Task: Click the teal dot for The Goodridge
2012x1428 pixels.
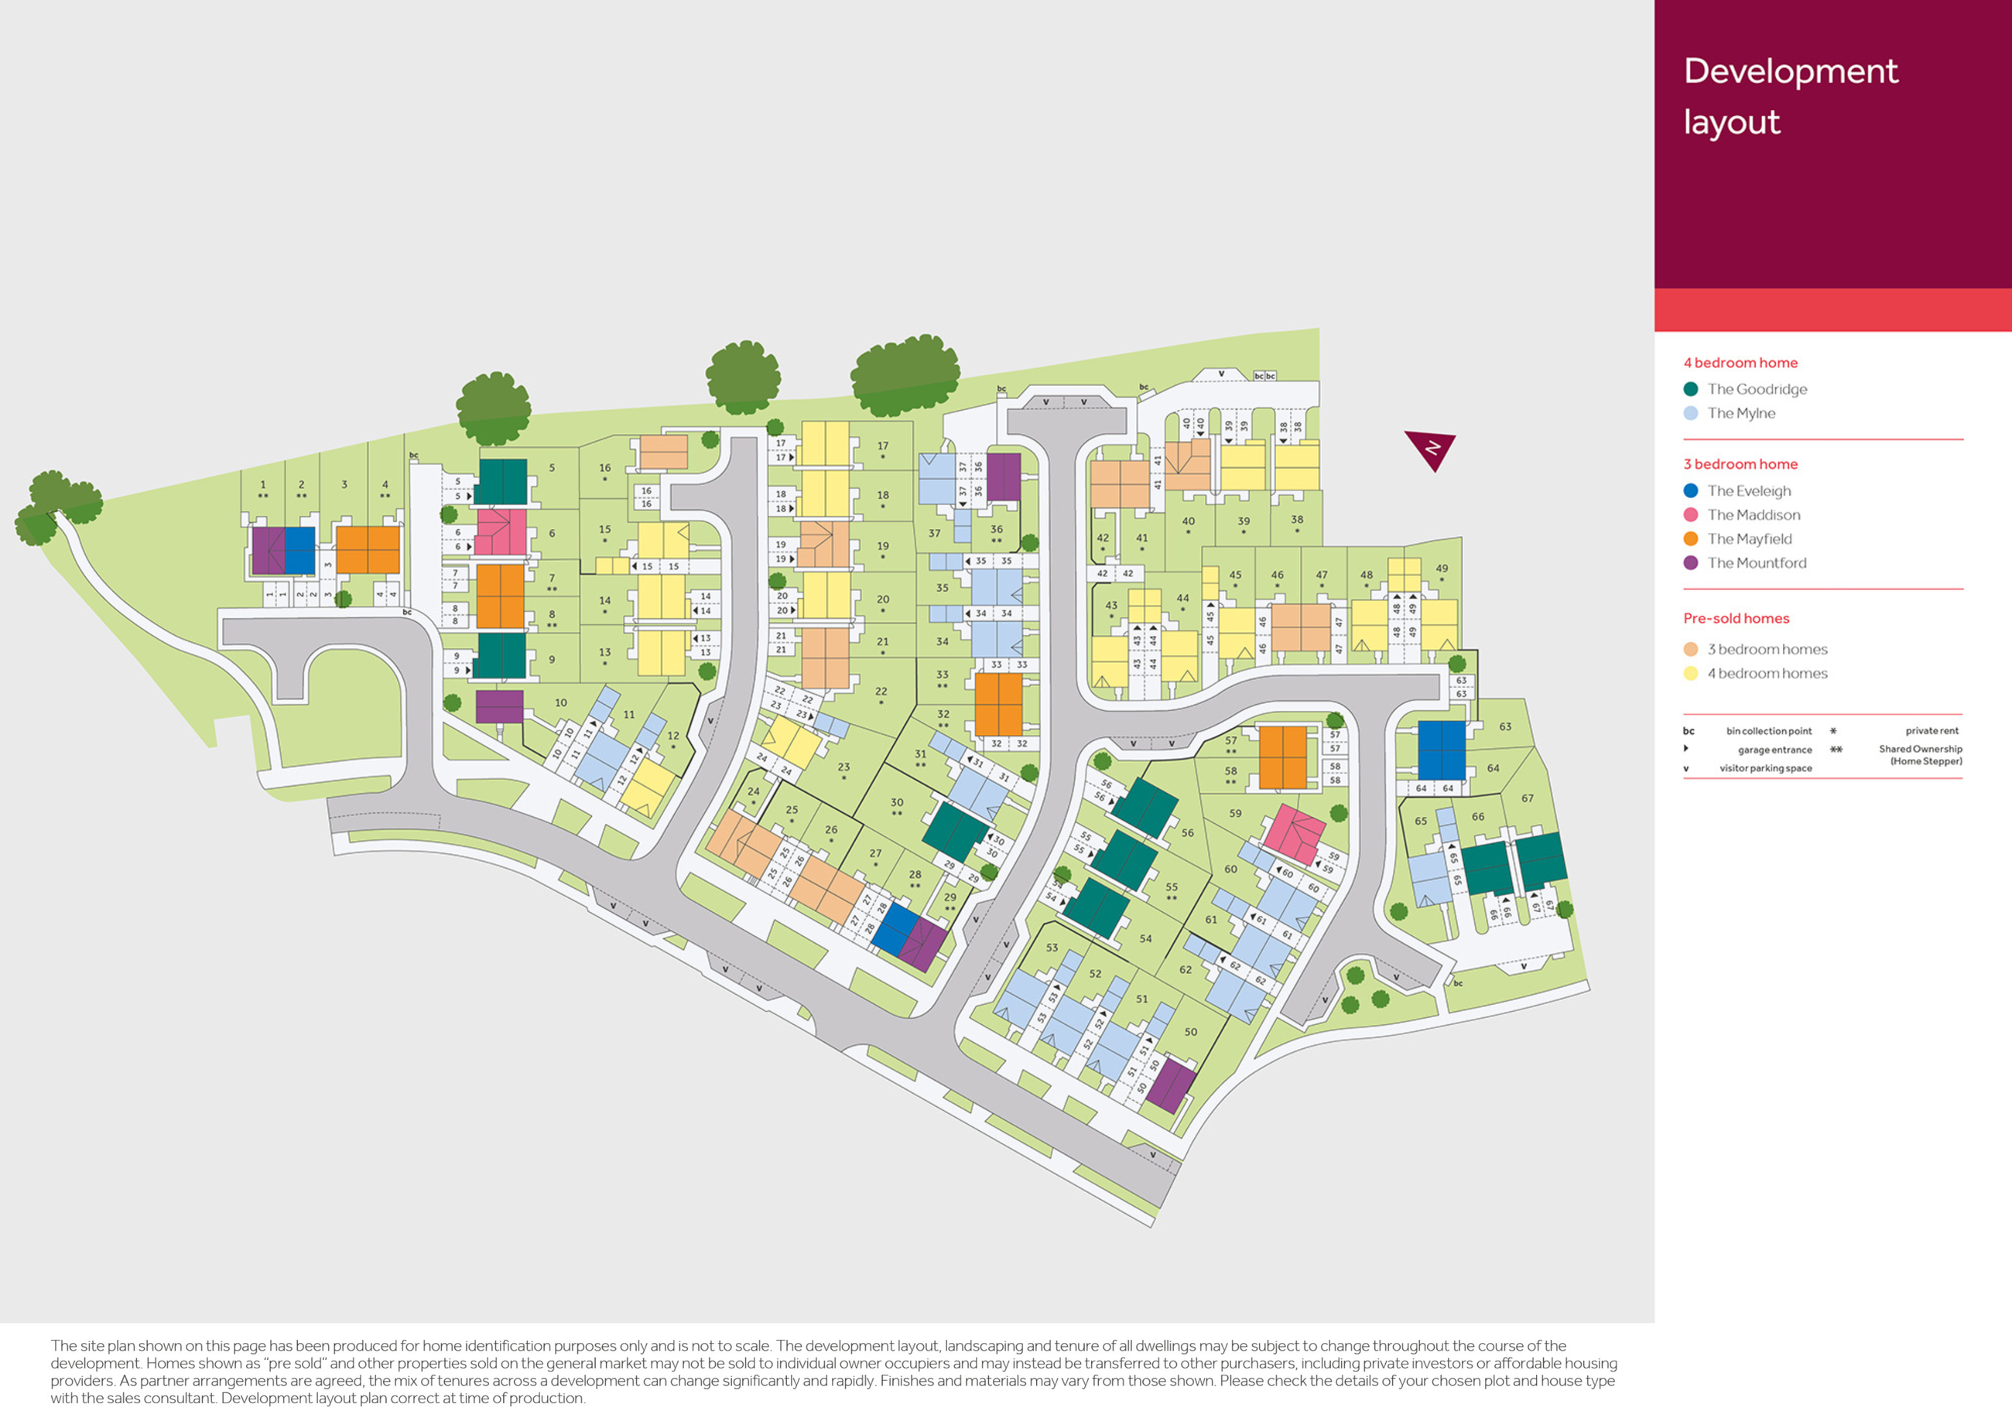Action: pos(1690,388)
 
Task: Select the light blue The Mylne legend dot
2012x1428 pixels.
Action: pos(1690,412)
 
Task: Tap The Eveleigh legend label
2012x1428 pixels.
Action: pos(1748,490)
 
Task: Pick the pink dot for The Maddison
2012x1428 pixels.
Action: pos(1690,514)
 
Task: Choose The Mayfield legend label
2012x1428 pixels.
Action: pos(1749,538)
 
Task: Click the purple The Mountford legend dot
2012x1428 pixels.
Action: pos(1690,562)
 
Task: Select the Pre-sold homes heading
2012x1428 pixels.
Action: pos(1736,618)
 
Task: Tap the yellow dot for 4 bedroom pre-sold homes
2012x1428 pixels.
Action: pos(1690,674)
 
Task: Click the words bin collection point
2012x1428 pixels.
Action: pos(1768,731)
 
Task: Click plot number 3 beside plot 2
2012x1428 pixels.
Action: pos(344,484)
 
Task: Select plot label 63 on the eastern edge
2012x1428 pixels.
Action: pos(1504,726)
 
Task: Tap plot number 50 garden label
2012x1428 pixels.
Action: pos(1190,1031)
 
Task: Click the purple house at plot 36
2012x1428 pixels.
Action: pos(1004,477)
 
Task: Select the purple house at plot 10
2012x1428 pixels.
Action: pos(499,706)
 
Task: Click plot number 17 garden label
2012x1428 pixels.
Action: pos(882,446)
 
